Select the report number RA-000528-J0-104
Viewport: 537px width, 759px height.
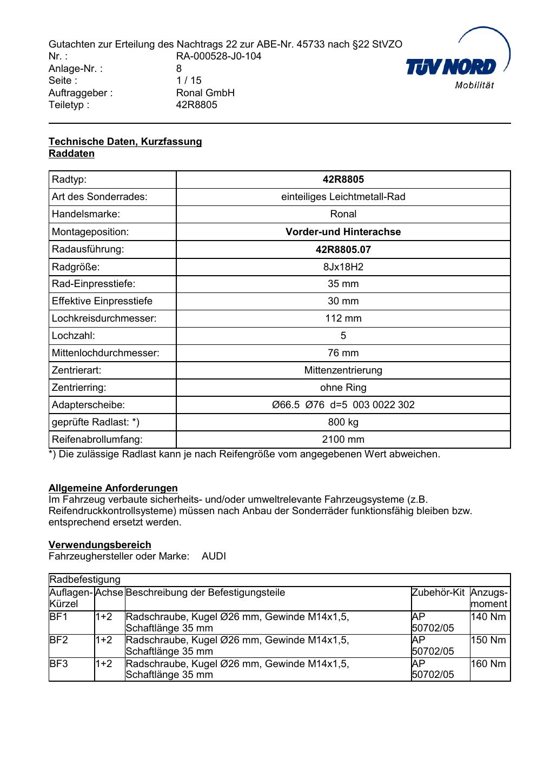click(x=218, y=56)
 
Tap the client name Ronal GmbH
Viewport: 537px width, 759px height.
click(x=205, y=92)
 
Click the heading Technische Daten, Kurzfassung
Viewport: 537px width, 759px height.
click(x=125, y=142)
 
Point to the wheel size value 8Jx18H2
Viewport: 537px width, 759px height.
click(x=343, y=267)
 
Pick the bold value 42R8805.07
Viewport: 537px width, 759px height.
click(x=343, y=249)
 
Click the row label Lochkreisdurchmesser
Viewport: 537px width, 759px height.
click(x=104, y=318)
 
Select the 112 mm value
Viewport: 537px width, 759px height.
click(x=343, y=318)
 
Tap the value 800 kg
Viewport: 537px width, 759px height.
click(x=343, y=422)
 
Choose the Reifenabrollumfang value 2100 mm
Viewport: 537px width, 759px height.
click(x=343, y=440)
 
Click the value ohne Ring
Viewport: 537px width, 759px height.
click(x=343, y=388)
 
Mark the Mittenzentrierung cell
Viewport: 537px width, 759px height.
click(x=343, y=370)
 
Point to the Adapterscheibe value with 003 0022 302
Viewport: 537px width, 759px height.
click(x=343, y=405)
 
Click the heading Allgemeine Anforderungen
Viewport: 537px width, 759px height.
click(x=113, y=488)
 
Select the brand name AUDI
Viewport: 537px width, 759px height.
click(x=214, y=556)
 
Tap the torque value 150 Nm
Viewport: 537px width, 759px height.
click(x=488, y=640)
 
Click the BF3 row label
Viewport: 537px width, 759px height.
click(x=58, y=663)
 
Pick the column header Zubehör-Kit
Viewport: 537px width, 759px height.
click(x=438, y=592)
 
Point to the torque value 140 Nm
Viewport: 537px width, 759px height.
click(x=488, y=617)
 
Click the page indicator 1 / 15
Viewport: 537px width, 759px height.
click(x=189, y=81)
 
